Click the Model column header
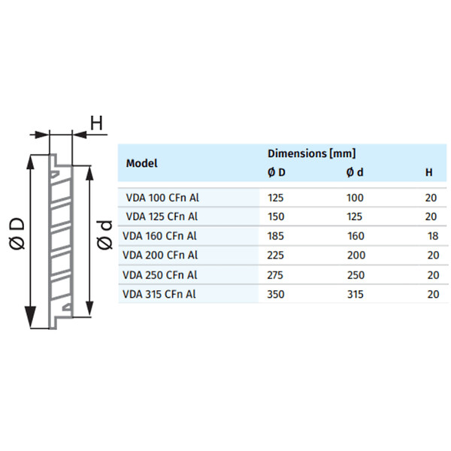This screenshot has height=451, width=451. point(141,163)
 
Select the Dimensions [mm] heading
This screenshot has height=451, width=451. point(312,153)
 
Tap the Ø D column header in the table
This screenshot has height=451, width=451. point(277,172)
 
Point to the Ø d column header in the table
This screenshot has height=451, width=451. point(355,172)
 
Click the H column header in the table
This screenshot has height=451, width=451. point(429,172)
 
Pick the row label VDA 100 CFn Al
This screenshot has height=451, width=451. point(162,198)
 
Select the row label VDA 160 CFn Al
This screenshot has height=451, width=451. point(159,236)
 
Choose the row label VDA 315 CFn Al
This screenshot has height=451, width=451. point(159,294)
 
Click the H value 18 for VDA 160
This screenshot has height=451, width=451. point(433,236)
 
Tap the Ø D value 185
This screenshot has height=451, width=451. point(276,236)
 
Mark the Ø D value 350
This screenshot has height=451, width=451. point(276,294)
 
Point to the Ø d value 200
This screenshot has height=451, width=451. point(356,255)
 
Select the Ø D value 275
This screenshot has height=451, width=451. point(275,275)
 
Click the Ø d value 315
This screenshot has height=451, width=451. point(356,294)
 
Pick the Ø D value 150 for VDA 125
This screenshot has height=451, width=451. point(276,216)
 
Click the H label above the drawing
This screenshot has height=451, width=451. point(96,123)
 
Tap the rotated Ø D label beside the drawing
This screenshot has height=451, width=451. point(17,234)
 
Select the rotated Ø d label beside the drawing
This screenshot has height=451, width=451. point(104,235)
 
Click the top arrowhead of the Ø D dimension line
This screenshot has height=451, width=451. point(30,162)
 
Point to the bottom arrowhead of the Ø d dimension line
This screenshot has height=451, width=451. point(89,308)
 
